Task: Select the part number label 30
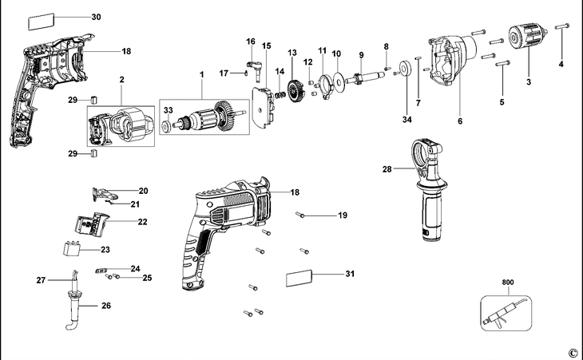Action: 96,17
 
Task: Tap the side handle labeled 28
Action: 429,188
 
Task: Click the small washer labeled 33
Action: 165,125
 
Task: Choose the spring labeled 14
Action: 280,96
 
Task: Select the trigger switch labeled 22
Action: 91,224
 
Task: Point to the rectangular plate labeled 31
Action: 299,279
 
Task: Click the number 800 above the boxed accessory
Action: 508,283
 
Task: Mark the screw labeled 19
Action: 300,215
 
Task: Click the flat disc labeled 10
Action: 339,80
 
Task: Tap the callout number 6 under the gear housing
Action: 460,121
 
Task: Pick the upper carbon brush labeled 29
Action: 94,100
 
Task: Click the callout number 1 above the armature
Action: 201,75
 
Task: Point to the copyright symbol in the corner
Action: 573,353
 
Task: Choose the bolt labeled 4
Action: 561,26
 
